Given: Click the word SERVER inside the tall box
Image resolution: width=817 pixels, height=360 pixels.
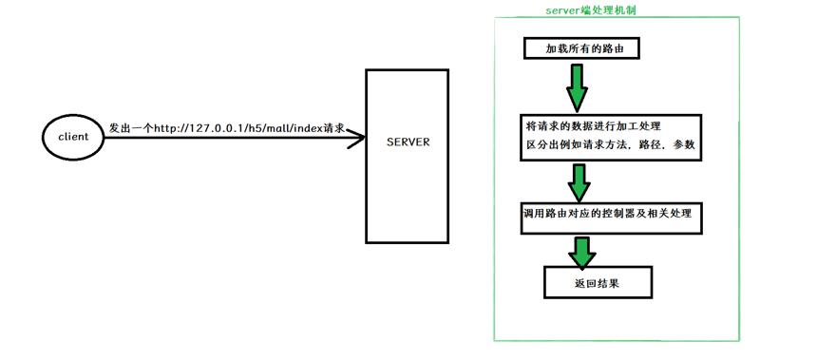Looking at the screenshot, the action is pyautogui.click(x=408, y=142).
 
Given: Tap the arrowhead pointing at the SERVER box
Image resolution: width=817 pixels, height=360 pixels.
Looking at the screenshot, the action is pyautogui.click(x=356, y=138).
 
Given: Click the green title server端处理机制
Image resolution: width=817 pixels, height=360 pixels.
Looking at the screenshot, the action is pyautogui.click(x=590, y=10).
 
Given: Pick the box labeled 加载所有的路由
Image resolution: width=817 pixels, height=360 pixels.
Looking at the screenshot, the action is pyautogui.click(x=580, y=49).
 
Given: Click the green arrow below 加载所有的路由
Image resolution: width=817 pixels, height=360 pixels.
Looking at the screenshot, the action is pyautogui.click(x=578, y=87).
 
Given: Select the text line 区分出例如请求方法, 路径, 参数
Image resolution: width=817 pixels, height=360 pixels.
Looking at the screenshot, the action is pyautogui.click(x=610, y=145).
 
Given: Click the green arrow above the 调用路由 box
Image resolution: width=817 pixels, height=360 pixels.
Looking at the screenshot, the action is pyautogui.click(x=579, y=182).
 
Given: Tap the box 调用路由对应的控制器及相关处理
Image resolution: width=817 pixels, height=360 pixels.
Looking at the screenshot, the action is pyautogui.click(x=611, y=218).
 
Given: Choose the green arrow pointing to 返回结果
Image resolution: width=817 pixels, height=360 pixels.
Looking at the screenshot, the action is pyautogui.click(x=581, y=252).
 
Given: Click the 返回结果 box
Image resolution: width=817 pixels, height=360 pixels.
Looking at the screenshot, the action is pyautogui.click(x=598, y=282).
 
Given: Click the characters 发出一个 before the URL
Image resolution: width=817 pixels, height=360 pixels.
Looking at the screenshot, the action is pyautogui.click(x=130, y=128).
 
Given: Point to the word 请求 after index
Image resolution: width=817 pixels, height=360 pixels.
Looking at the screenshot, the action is pyautogui.click(x=334, y=128).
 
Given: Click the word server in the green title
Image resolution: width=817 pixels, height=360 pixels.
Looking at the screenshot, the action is pyautogui.click(x=560, y=10).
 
